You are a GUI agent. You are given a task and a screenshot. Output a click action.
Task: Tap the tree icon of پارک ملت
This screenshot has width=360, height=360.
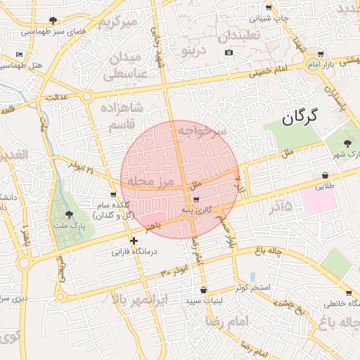(x=68, y=214)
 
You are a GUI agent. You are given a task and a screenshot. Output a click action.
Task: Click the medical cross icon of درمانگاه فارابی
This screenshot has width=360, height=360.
(x=134, y=240)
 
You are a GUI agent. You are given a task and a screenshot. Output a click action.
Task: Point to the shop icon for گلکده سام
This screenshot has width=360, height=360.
(x=113, y=194)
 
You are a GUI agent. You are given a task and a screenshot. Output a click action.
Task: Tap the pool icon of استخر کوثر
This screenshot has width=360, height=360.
(x=252, y=277)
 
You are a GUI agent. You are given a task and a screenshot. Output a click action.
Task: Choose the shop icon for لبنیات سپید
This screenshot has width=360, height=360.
(x=203, y=290)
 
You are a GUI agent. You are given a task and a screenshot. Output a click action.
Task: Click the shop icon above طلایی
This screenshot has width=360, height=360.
(x=325, y=176)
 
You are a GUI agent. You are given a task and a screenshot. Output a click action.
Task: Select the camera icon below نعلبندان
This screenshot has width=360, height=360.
(x=229, y=53)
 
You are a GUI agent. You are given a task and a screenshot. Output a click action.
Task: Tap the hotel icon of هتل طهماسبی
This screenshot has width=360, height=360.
(x=19, y=54)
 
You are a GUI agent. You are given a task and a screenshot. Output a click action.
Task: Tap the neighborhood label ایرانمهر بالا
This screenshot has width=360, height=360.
(x=140, y=300)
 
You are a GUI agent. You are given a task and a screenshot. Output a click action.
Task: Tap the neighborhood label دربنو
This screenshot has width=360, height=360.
(x=193, y=51)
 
